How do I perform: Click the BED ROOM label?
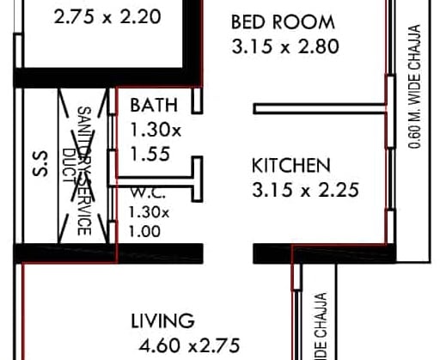coord(283,21)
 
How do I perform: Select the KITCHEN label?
coord(291,164)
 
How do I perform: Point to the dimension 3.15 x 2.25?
coord(305,191)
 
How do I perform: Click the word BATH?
coord(154,107)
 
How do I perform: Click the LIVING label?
coord(162,321)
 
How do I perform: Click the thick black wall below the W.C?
coord(112,253)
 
